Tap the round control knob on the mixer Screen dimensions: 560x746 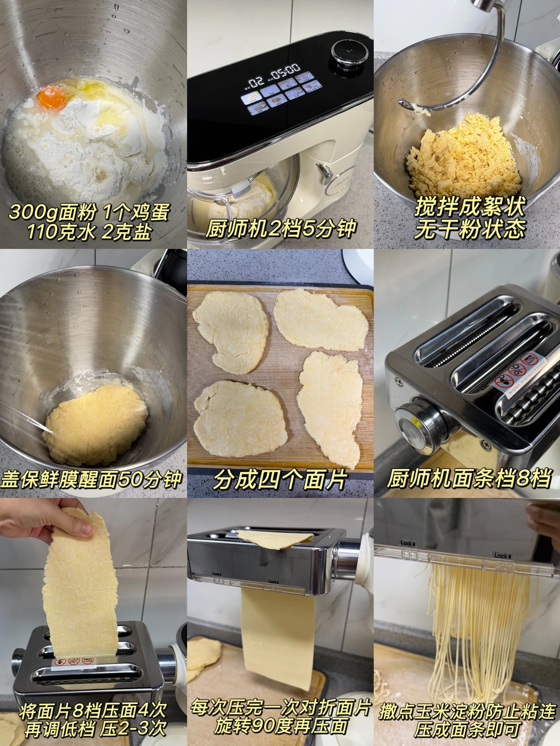350,53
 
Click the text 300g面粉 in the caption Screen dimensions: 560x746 51,213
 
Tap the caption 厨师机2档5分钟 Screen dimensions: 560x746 281,229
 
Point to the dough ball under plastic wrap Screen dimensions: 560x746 95,422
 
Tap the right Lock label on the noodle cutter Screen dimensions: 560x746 502,556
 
